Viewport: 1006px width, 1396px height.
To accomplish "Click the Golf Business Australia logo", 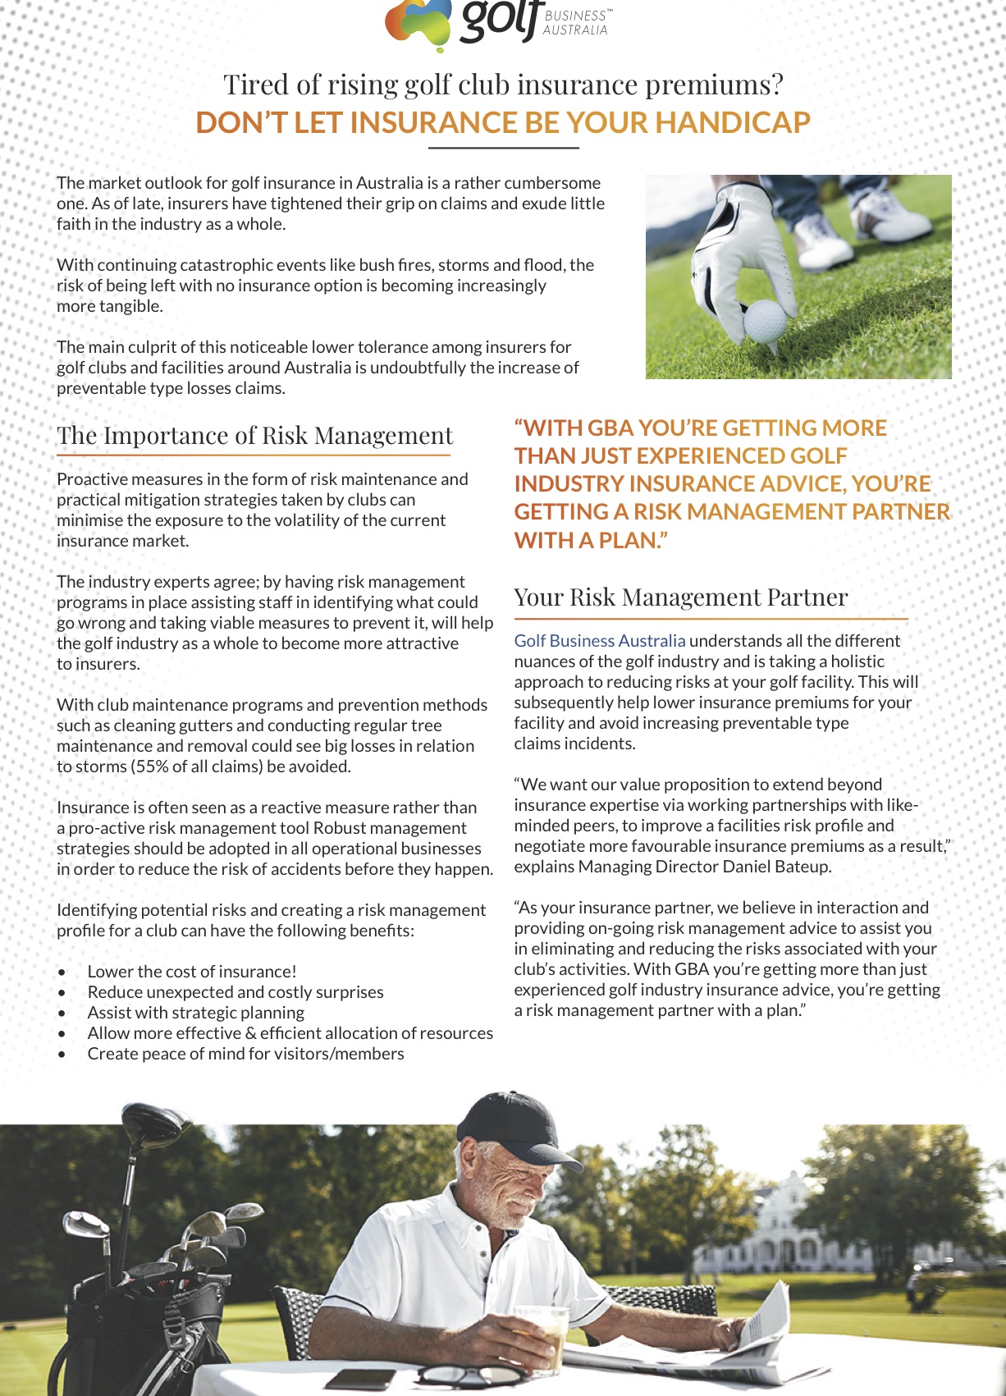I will pos(497,22).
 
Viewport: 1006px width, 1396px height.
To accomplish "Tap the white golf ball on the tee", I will pos(764,320).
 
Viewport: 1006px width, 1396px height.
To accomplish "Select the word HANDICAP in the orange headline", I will pos(732,122).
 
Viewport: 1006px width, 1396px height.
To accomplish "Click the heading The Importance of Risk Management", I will pos(254,435).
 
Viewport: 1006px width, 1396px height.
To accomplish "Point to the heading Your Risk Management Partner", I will pos(680,597).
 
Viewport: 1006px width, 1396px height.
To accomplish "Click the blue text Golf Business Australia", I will pos(599,640).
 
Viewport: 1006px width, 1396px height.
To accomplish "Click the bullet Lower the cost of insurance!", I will pos(192,972).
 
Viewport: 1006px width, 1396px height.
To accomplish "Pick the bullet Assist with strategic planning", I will pos(196,1013).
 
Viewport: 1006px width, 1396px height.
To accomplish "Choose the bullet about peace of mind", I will pos(245,1054).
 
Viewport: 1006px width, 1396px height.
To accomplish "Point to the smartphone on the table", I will pos(360,1378).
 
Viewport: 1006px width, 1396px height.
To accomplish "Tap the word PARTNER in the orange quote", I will pos(900,511).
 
